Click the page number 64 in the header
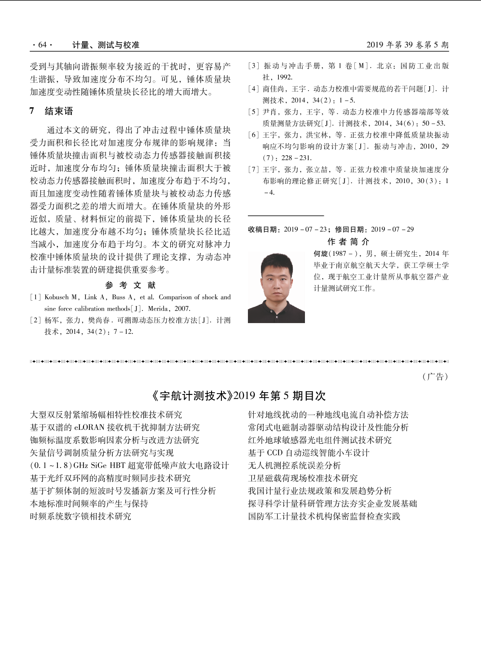click(42, 45)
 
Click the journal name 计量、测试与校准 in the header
click(106, 45)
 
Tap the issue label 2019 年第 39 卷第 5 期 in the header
click(407, 45)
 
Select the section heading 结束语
click(58, 111)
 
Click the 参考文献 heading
click(130, 285)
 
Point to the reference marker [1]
click(35, 297)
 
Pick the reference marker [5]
click(254, 112)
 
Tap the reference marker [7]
click(254, 170)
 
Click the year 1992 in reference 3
click(284, 77)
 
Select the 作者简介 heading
click(348, 242)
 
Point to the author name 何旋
click(321, 254)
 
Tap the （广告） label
click(435, 376)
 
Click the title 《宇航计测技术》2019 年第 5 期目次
click(238, 396)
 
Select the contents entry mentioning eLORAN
click(115, 427)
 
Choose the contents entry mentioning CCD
click(309, 453)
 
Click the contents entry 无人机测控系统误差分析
click(294, 465)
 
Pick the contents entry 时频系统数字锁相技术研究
click(80, 516)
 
